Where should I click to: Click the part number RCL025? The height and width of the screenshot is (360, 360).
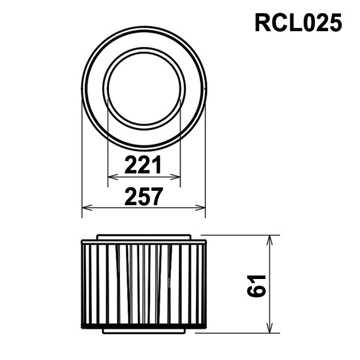click(x=298, y=23)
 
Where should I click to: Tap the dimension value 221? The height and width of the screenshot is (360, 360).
click(x=143, y=164)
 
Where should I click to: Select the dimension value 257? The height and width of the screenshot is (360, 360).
click(x=144, y=197)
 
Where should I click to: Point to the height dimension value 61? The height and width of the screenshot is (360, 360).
click(x=256, y=285)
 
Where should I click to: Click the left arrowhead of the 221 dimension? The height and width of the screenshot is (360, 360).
click(x=113, y=177)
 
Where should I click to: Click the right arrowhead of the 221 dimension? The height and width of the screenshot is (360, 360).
click(x=176, y=177)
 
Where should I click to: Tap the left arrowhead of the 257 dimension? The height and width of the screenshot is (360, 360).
click(x=87, y=208)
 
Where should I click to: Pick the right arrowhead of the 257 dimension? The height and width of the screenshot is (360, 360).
click(x=200, y=208)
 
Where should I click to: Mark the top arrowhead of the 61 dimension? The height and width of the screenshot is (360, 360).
click(x=270, y=240)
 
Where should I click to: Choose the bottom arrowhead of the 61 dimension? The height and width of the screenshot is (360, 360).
click(x=270, y=328)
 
